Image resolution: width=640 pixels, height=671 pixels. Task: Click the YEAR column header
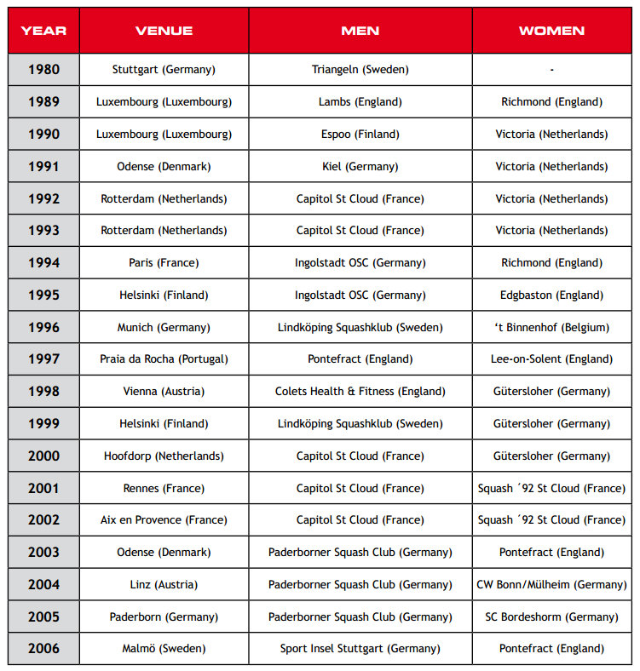43,31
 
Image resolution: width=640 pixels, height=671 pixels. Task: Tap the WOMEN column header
551,31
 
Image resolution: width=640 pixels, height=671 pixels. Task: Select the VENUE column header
164,31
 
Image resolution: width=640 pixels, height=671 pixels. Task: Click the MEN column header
360,31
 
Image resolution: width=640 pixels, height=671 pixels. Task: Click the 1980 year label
43,70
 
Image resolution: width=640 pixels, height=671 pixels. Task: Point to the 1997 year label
43,359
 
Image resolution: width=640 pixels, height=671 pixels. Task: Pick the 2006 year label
43,649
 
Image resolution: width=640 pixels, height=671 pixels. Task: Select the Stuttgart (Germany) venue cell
164,70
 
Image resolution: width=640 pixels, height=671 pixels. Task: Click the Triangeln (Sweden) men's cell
360,70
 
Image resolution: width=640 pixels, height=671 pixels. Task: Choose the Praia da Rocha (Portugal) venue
164,359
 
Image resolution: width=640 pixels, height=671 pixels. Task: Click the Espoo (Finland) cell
360,135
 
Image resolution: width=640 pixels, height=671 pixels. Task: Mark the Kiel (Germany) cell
360,167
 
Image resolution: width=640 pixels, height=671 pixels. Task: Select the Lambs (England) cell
360,102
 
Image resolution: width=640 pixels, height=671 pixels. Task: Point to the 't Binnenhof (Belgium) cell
551,327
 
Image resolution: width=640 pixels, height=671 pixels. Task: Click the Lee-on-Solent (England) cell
551,359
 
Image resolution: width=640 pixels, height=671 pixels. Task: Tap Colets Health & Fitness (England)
360,392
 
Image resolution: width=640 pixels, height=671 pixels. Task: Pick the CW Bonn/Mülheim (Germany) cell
551,585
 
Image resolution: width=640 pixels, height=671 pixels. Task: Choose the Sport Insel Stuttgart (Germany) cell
360,649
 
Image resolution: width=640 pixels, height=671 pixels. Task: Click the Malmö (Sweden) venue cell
164,649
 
